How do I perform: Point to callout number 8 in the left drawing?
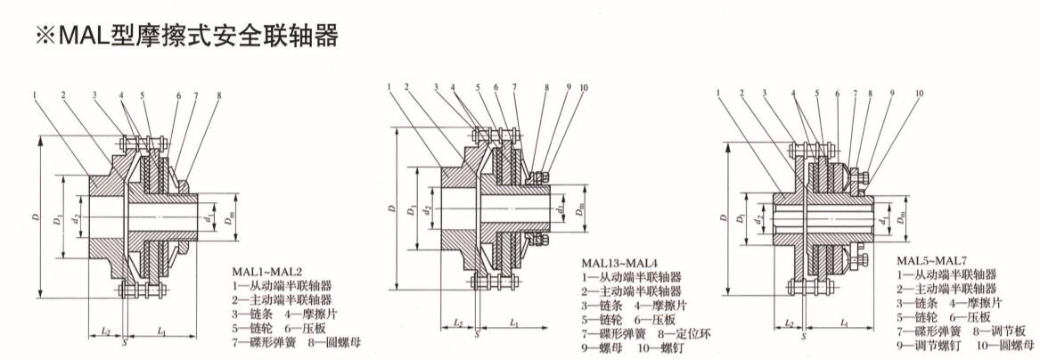(x=217, y=95)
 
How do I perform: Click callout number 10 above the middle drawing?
(x=584, y=88)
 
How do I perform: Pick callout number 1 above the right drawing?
(x=718, y=92)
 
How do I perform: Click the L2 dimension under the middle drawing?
(x=458, y=323)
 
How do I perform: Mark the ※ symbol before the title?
(x=45, y=37)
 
